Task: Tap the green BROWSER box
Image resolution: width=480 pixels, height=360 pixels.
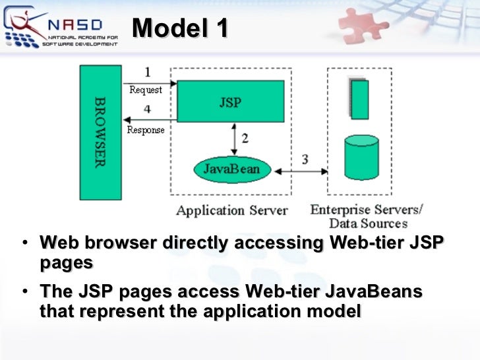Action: coord(100,132)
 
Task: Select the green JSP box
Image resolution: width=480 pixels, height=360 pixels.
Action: coord(230,101)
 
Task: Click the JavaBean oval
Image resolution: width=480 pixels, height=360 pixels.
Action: coord(231,169)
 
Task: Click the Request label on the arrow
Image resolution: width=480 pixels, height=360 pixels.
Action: coord(146,90)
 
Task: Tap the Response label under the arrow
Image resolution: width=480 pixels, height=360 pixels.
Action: coord(146,130)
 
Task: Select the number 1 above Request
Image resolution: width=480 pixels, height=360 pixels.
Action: coord(147,72)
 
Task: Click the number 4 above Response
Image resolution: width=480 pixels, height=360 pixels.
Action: coord(147,109)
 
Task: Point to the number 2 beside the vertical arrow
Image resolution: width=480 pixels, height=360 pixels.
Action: coord(245,138)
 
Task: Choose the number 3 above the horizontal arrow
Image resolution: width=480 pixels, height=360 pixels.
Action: coord(305,159)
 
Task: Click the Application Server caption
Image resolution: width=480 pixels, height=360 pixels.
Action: coord(231,210)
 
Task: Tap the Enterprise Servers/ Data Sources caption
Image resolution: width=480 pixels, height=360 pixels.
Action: coord(367,216)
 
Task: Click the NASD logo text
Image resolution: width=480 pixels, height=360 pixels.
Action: coord(75,25)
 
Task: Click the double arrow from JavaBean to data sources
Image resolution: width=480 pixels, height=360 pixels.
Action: coord(301,171)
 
